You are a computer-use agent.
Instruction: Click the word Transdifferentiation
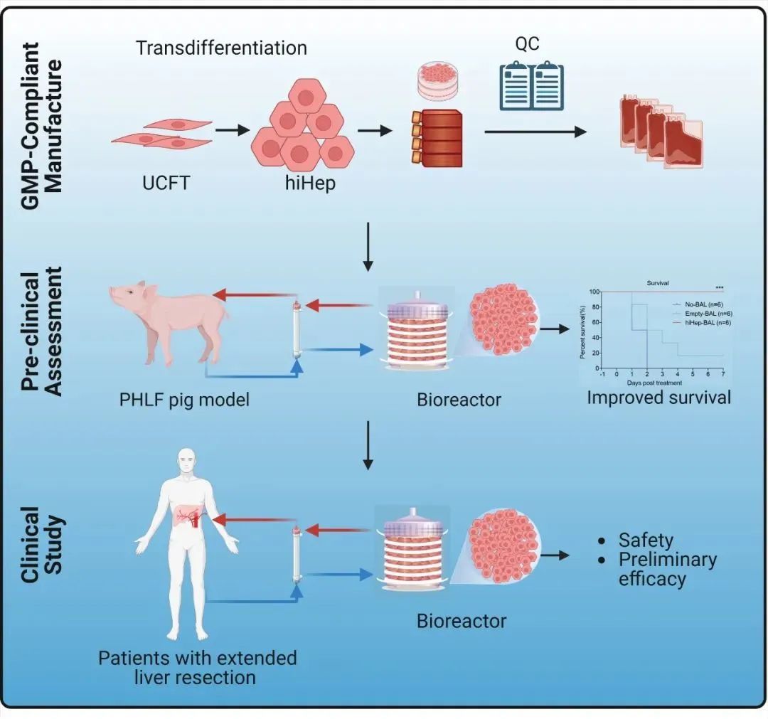pyautogui.click(x=221, y=48)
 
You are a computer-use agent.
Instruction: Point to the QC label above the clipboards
pyautogui.click(x=526, y=43)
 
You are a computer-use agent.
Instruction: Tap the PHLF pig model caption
pyautogui.click(x=185, y=399)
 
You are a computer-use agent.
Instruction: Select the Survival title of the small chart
pyautogui.click(x=658, y=282)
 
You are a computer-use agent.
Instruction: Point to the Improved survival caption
pyautogui.click(x=658, y=397)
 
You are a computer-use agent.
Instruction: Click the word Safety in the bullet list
pyautogui.click(x=646, y=540)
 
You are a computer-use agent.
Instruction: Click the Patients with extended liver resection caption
pyautogui.click(x=197, y=666)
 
